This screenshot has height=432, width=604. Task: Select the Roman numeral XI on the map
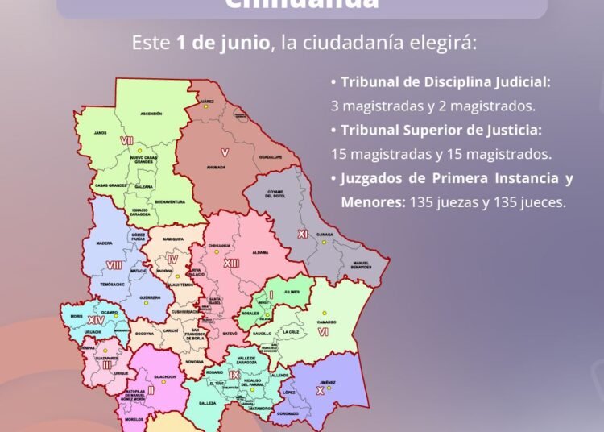[x=303, y=234]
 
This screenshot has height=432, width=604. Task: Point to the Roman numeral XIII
[x=232, y=264]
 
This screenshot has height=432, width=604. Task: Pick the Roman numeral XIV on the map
[x=96, y=320]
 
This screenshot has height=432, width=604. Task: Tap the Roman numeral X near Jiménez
[x=320, y=389]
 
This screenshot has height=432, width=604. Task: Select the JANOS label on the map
[x=100, y=133]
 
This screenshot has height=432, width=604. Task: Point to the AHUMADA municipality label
[x=215, y=168]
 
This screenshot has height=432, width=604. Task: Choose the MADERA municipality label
[x=104, y=243]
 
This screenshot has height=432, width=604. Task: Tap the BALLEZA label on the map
[x=208, y=402]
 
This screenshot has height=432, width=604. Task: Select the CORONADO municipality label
[x=288, y=414]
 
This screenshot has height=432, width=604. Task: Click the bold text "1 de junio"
[x=221, y=43]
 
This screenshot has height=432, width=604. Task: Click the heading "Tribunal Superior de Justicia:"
[x=423, y=130]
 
